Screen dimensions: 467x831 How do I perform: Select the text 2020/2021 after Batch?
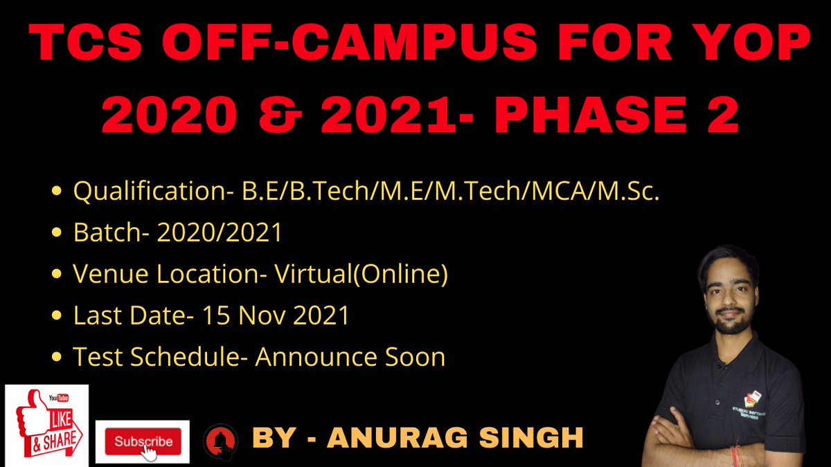[x=220, y=233]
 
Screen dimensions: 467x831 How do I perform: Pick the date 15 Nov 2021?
[x=276, y=316]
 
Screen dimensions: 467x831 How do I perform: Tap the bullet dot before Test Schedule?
[x=59, y=358]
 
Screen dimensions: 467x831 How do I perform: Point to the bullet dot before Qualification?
[x=59, y=192]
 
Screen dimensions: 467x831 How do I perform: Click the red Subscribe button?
[x=142, y=441]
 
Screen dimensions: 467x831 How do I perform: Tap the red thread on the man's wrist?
[x=735, y=455]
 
